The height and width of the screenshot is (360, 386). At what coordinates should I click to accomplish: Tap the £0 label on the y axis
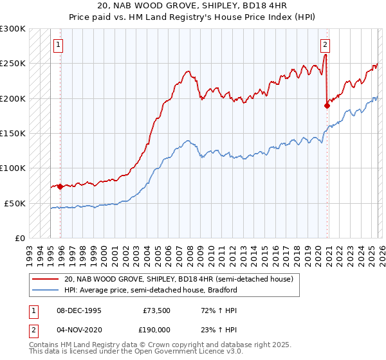tap(19, 238)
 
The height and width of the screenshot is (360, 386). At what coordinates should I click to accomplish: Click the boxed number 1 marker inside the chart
tap(59, 45)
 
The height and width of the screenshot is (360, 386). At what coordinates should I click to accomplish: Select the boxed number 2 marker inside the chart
tap(326, 45)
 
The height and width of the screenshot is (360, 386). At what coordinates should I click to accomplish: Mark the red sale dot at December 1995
tap(60, 186)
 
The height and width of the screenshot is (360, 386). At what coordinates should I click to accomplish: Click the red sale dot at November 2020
tap(327, 105)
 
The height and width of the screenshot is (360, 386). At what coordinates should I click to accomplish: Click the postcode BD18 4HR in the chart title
tap(246, 6)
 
